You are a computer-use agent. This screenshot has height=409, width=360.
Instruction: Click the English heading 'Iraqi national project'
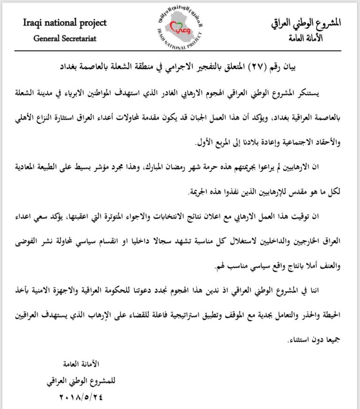[x=65, y=22]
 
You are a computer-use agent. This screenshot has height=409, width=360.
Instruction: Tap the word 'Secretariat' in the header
[x=79, y=38]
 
